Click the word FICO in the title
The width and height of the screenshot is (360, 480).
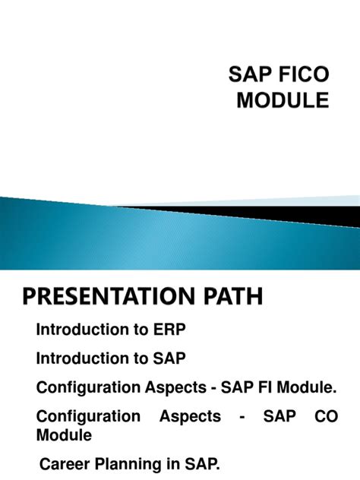303,74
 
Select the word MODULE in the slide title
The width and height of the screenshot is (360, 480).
283,99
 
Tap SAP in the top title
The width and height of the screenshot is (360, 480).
249,74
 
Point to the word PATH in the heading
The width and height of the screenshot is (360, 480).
229,296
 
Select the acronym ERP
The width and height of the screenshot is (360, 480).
170,330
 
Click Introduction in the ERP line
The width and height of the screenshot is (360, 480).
82,330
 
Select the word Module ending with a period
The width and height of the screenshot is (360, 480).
310,387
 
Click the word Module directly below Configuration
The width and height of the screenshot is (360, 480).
65,436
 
